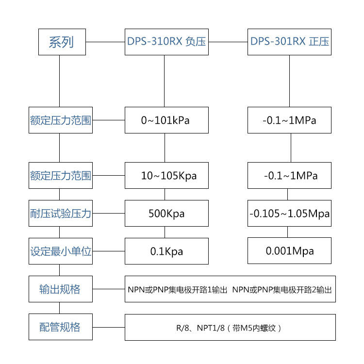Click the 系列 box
tap(62, 42)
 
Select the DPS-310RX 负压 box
tap(166, 42)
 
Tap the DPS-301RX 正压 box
tap(290, 42)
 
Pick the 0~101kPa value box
tap(166, 120)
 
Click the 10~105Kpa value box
tap(166, 175)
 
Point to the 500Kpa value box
tap(166, 214)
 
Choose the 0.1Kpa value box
tap(166, 251)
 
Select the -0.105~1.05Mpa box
tap(290, 214)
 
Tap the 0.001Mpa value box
tap(290, 251)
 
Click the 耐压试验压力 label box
tap(60, 214)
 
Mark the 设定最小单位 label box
tap(60, 251)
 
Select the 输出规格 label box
tap(60, 289)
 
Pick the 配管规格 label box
tap(60, 327)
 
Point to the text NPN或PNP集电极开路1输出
tap(177, 290)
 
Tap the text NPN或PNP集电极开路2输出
tap(282, 290)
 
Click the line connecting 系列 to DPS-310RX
tap(105, 42)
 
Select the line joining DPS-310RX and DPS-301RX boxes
tap(228, 42)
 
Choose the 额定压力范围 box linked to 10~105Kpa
tap(60, 175)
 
